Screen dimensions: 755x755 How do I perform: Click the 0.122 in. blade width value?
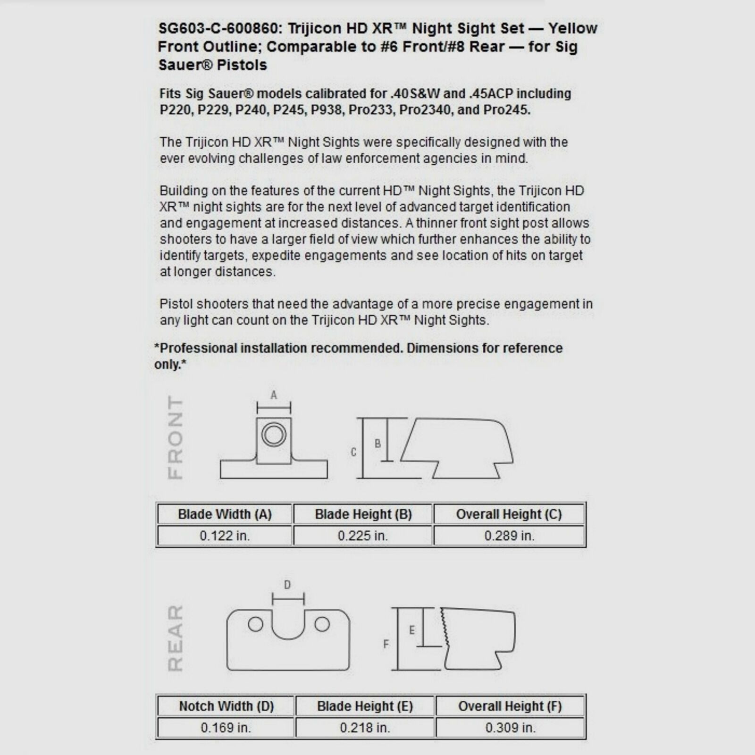point(225,536)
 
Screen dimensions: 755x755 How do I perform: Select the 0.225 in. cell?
point(362,536)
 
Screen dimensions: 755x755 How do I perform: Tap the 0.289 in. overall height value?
point(509,536)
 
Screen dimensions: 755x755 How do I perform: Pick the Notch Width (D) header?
point(226,706)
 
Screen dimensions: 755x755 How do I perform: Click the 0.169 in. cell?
point(226,728)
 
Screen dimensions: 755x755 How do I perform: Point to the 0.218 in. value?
point(365,728)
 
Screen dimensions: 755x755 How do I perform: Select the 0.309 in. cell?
point(511,728)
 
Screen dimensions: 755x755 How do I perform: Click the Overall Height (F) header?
point(510,706)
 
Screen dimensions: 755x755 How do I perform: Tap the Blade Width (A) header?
point(225,514)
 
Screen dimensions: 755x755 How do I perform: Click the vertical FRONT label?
point(176,437)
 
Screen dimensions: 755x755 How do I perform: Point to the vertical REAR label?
point(176,638)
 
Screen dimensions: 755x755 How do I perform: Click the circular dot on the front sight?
point(274,434)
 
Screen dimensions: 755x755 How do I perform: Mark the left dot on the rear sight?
point(255,624)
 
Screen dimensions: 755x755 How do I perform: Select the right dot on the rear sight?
point(322,624)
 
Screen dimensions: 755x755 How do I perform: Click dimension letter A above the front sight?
point(274,395)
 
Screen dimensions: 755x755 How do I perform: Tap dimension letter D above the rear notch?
point(287,585)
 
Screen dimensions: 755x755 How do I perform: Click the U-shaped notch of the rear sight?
point(288,628)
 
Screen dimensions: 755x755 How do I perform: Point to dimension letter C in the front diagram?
point(353,452)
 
